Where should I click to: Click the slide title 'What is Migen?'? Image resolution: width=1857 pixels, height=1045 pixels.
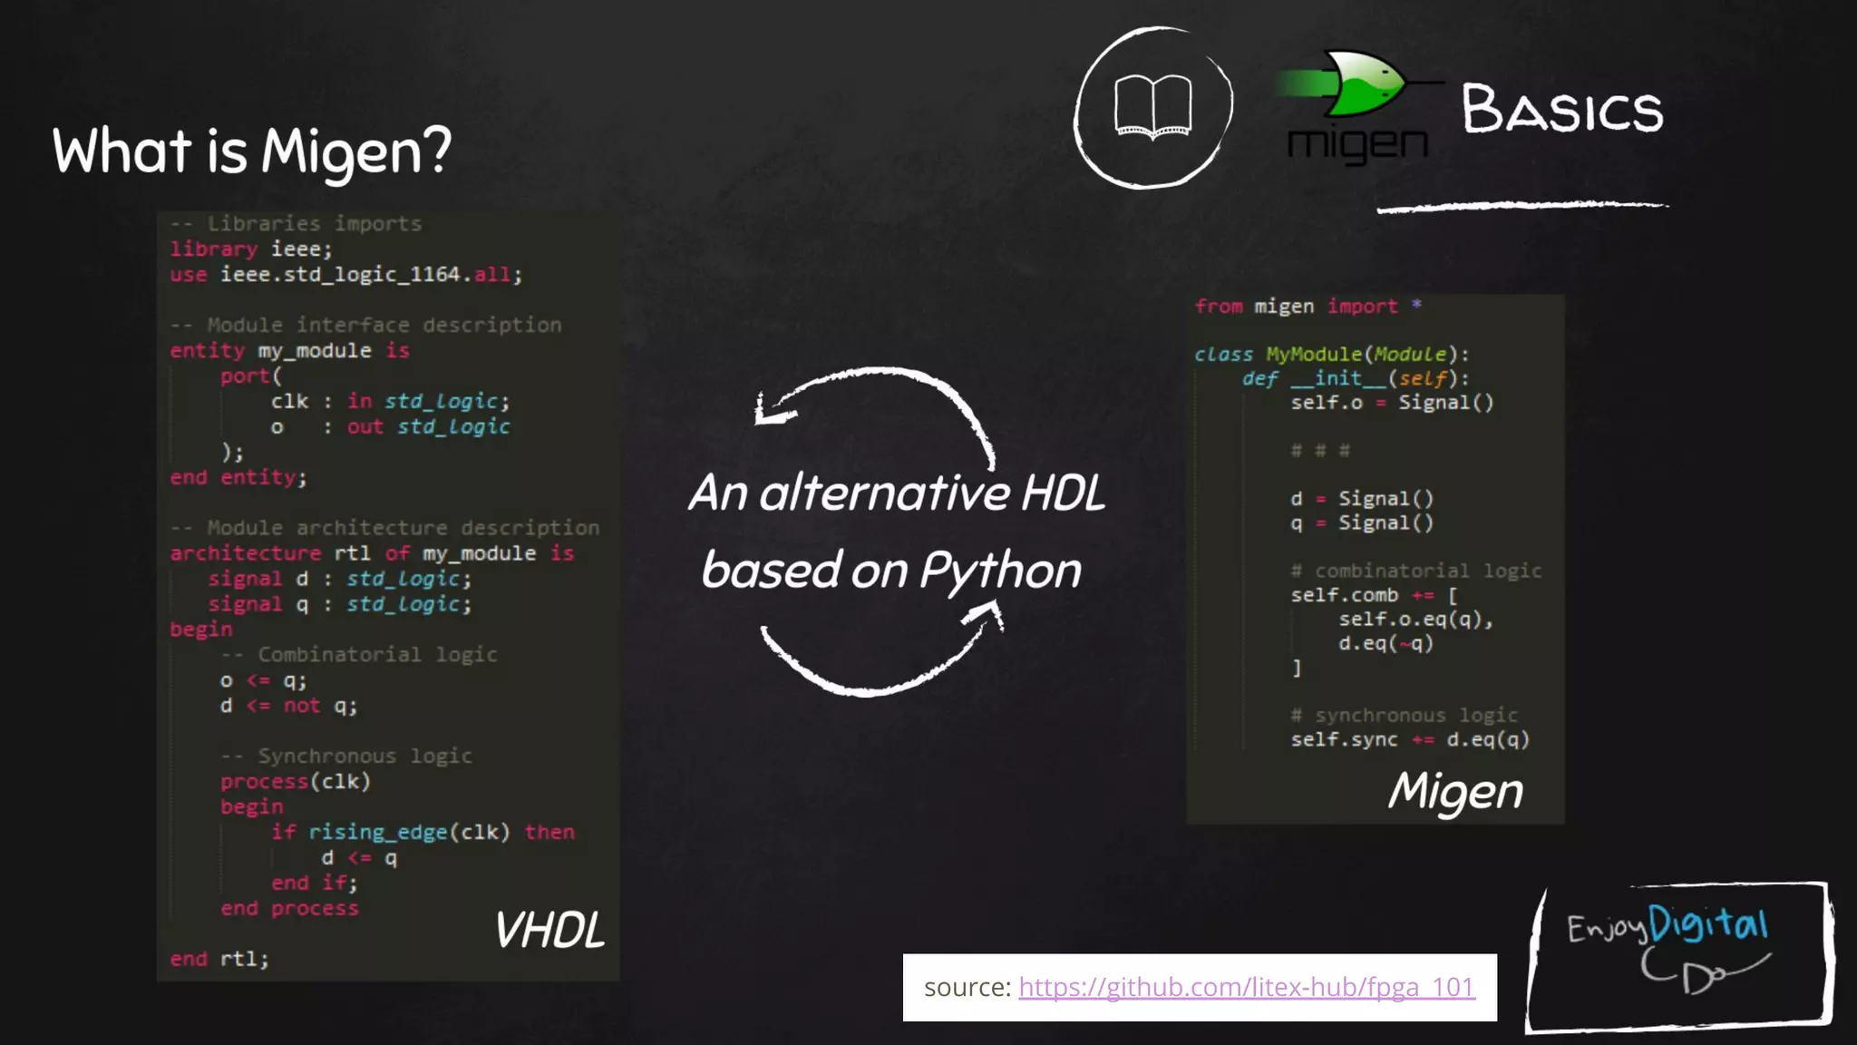tap(251, 151)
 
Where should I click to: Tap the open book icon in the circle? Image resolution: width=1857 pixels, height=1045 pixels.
tap(1152, 108)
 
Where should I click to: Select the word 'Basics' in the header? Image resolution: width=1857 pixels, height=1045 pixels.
tap(1561, 110)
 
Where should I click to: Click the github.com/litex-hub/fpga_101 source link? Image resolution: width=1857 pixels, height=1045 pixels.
tap(1247, 987)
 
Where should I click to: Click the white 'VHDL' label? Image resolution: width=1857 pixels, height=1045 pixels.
tap(549, 931)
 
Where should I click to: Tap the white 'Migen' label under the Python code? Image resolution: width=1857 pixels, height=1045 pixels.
tap(1455, 791)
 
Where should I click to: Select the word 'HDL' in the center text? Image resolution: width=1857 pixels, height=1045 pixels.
tap(1063, 493)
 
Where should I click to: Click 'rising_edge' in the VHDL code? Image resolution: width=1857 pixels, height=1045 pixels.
tap(377, 832)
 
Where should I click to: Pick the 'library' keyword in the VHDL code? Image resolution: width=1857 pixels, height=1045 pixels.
tap(213, 249)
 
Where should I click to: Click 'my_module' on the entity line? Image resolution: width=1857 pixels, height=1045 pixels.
tap(314, 350)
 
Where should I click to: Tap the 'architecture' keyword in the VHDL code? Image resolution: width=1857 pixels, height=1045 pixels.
tap(245, 553)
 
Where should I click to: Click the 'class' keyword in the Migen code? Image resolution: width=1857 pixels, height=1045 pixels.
tap(1222, 354)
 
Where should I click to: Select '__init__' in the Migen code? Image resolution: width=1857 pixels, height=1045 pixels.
tap(1337, 378)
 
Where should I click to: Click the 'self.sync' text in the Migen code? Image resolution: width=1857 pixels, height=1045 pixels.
tap(1344, 739)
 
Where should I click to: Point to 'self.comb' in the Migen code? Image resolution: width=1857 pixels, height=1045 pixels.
tap(1344, 595)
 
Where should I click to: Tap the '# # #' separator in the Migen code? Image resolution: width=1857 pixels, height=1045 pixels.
tap(1319, 450)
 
